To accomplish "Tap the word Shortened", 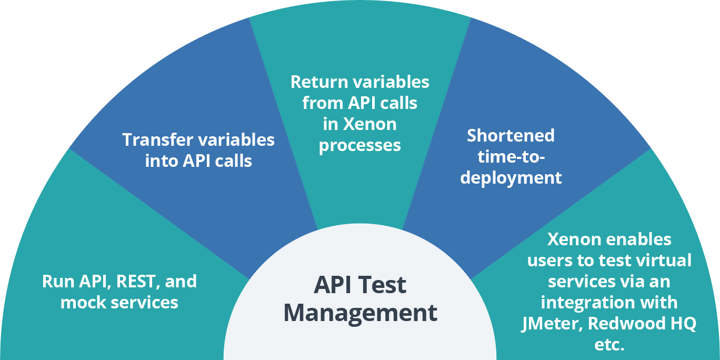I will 511,136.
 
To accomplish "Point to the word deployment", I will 511,178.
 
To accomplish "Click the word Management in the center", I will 360,312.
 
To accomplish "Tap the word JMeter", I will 547,324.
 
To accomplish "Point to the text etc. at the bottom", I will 609,345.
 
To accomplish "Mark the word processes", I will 360,145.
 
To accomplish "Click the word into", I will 161,161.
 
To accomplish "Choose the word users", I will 550,261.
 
